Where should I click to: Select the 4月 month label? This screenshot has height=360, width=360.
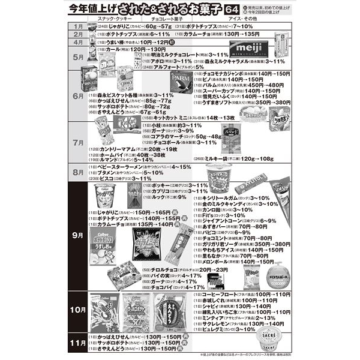pos(76,43)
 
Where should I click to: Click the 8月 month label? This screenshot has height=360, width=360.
pos(76,172)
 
